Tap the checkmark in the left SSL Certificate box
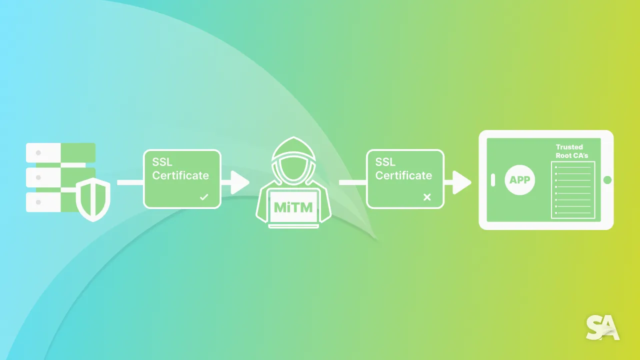tap(203, 197)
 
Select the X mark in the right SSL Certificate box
tap(426, 197)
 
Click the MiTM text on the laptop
tap(293, 207)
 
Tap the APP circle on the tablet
tap(519, 180)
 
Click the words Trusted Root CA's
tap(571, 151)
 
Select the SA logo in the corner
tap(602, 328)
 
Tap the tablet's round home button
tap(607, 180)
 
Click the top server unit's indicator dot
tap(38, 152)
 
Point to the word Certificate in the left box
tap(180, 175)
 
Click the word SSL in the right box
tap(385, 162)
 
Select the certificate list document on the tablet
tap(572, 189)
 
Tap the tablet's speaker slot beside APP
tap(493, 180)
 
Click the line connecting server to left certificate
tap(130, 182)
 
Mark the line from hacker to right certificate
tap(352, 182)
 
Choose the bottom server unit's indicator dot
tap(38, 202)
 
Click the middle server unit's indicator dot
tap(38, 177)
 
